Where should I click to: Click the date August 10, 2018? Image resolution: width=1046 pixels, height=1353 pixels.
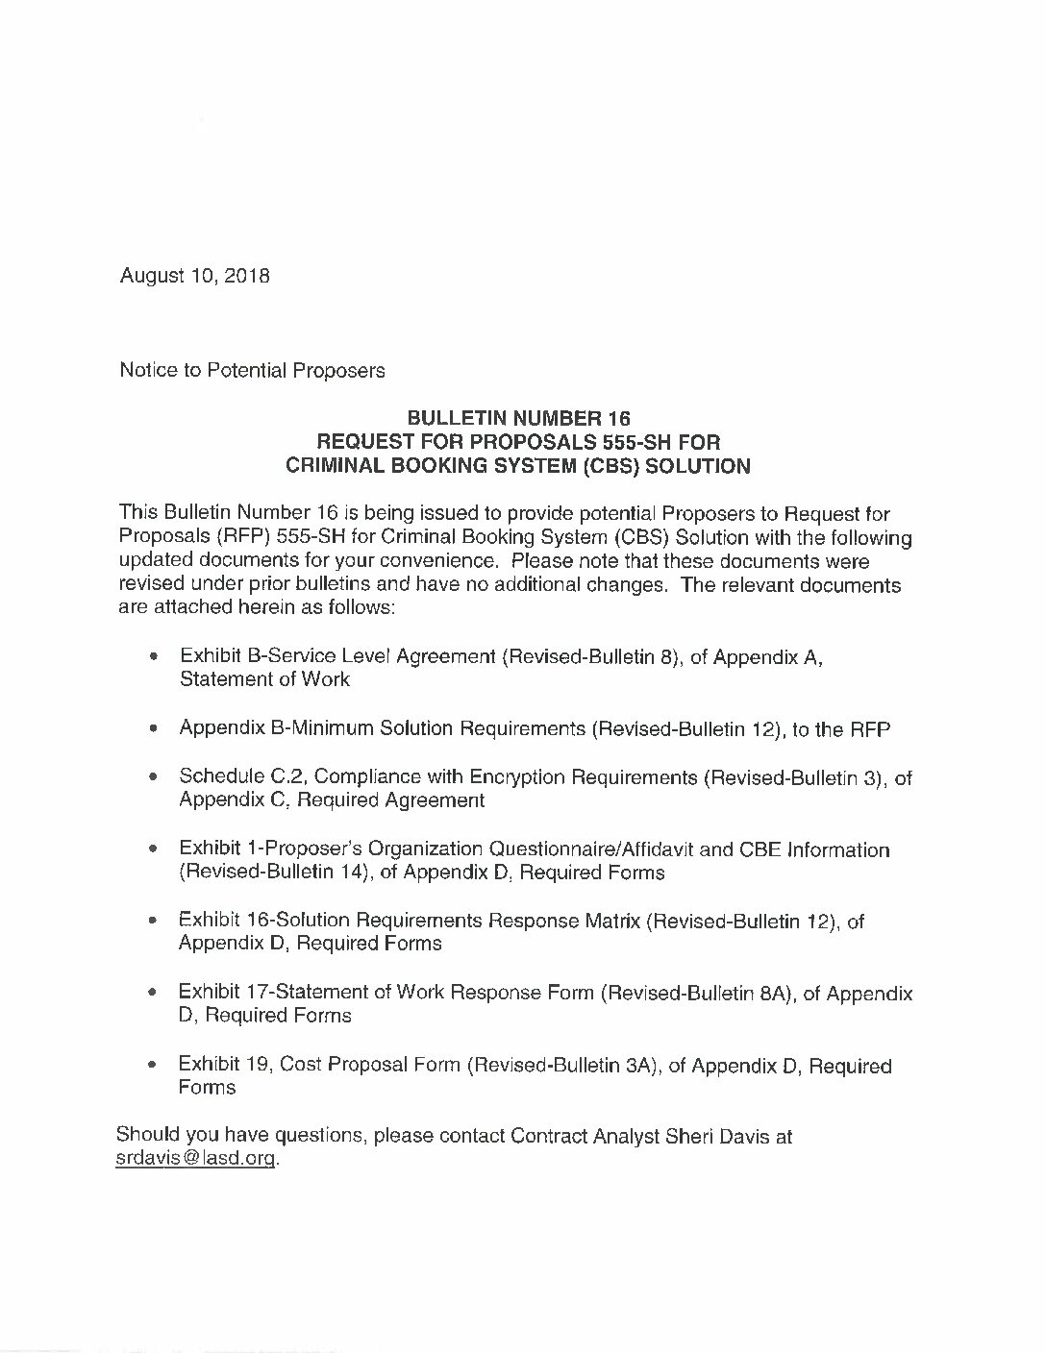[x=194, y=276]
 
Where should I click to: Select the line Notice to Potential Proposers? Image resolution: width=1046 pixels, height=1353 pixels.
[x=252, y=370]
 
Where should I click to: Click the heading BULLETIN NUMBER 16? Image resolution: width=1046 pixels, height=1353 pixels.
[x=518, y=418]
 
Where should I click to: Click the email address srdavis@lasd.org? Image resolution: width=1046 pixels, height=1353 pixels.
[x=195, y=1158]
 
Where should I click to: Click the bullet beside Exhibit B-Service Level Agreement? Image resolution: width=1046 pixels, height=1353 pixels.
[x=154, y=657]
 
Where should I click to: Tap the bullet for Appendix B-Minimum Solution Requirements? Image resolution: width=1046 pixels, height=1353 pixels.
[x=154, y=730]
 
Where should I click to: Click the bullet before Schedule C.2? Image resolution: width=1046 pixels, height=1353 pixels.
[x=154, y=777]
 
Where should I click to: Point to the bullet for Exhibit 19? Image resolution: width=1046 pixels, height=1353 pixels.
[x=154, y=1067]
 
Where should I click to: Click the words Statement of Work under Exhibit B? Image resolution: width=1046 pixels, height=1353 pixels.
[x=264, y=679]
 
